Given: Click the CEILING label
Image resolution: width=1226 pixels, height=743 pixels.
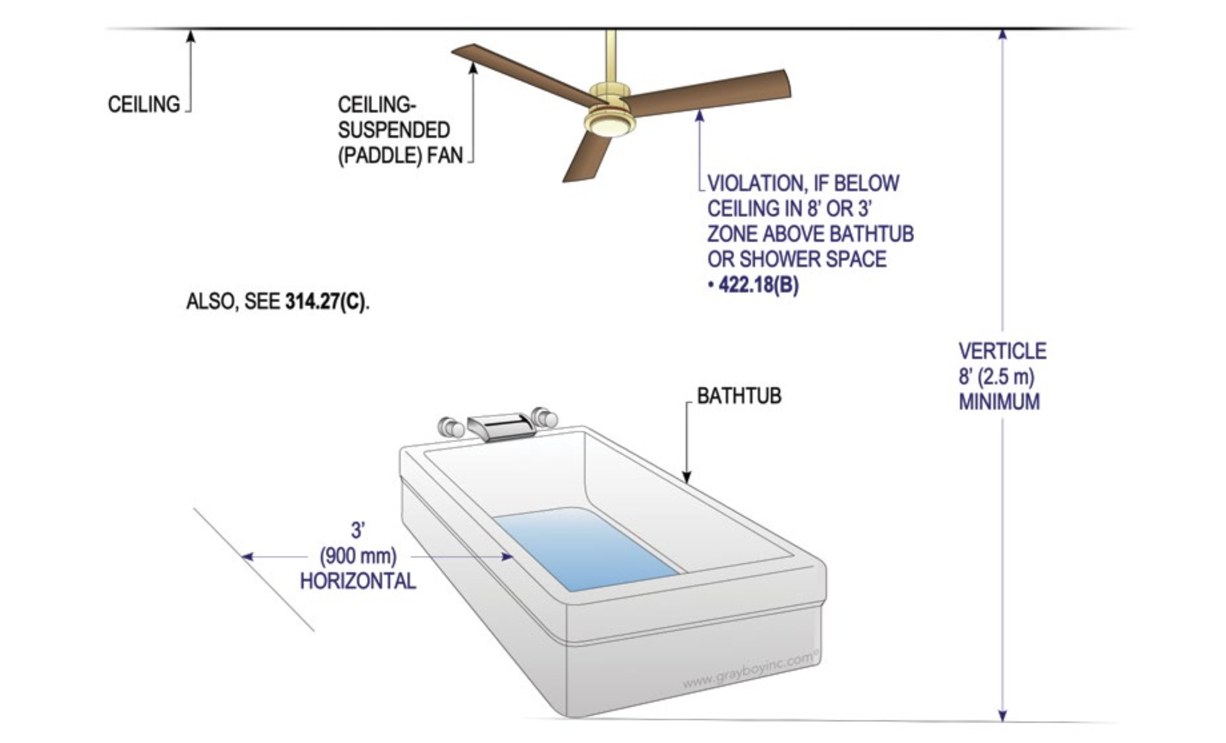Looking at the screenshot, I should tap(144, 105).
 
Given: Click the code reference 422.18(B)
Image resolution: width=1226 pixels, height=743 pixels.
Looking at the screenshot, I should tap(758, 285).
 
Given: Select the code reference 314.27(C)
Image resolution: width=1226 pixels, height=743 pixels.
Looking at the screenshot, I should tap(326, 302).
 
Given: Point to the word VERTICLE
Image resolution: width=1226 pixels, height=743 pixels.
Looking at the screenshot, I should tap(1002, 351).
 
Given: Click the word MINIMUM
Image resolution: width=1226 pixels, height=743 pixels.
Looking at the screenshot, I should tap(999, 402).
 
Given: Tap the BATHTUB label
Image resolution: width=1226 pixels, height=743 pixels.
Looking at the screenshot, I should tap(739, 396).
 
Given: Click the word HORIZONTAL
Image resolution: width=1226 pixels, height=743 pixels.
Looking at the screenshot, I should tap(358, 581).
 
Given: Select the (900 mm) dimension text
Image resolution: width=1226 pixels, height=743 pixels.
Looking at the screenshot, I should tap(358, 556).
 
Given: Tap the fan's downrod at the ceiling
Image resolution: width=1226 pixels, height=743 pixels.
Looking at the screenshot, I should tap(611, 52).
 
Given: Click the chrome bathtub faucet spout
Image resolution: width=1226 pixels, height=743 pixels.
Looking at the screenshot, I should tap(501, 426).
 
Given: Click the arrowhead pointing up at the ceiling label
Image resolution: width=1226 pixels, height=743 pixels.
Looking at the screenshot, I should tap(191, 36).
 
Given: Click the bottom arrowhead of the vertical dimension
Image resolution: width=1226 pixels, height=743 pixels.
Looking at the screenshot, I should tap(1002, 715).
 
